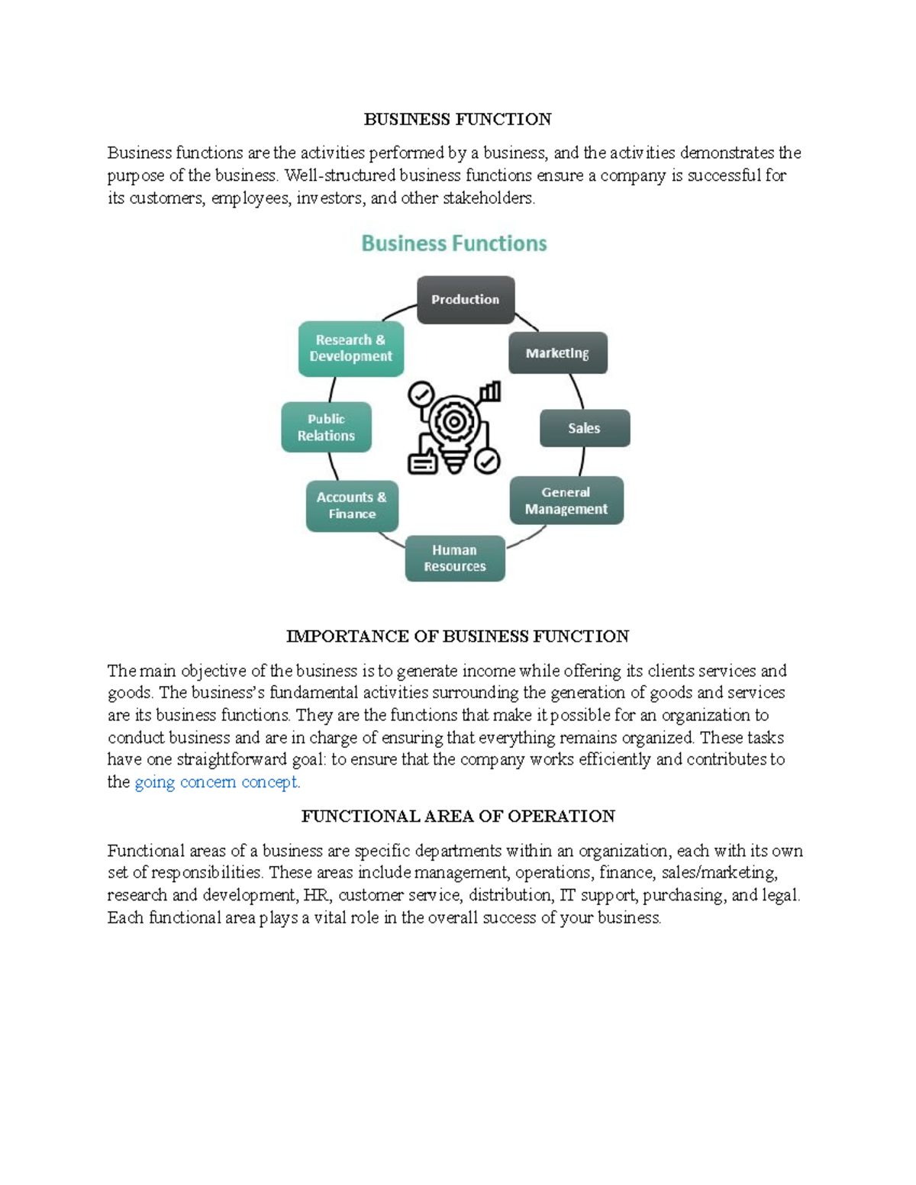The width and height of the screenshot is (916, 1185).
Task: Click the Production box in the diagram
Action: [x=465, y=300]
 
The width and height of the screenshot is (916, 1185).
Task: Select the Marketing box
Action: [x=557, y=353]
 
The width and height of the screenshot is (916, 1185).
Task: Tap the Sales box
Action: [x=584, y=428]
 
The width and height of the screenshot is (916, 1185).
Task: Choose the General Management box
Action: [x=566, y=501]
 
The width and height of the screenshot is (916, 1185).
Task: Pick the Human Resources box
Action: [x=455, y=559]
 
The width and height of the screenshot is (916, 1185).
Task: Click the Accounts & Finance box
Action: [x=352, y=505]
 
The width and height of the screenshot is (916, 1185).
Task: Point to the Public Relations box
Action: [x=326, y=427]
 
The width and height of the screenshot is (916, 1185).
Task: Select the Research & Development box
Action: [x=350, y=349]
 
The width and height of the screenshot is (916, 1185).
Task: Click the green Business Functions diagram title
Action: [x=454, y=243]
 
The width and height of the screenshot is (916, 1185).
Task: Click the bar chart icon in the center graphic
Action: [x=489, y=392]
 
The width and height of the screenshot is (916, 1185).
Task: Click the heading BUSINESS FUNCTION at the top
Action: [x=457, y=119]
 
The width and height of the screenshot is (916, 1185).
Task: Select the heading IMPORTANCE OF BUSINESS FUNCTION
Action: [x=457, y=636]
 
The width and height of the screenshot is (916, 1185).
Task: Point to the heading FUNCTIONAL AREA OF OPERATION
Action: [x=457, y=816]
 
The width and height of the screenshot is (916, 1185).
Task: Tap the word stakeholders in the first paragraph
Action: [x=489, y=198]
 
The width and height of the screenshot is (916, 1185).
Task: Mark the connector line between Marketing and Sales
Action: [x=578, y=391]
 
